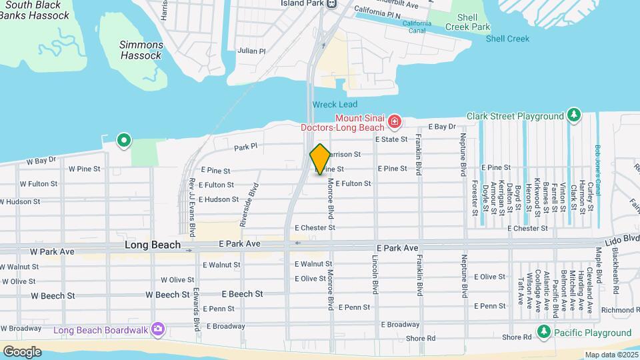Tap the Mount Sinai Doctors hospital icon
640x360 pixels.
point(395,122)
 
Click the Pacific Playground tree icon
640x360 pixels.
point(545,332)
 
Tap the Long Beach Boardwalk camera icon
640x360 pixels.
point(157,329)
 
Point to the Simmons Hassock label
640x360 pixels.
point(141,50)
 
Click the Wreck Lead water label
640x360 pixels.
point(335,105)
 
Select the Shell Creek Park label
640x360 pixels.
point(470,22)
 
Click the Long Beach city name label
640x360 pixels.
point(153,245)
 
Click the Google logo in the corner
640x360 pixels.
point(22,351)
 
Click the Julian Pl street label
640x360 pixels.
point(252,51)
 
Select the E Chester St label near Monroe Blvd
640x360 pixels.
point(315,228)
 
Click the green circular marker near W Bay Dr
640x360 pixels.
point(123,141)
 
